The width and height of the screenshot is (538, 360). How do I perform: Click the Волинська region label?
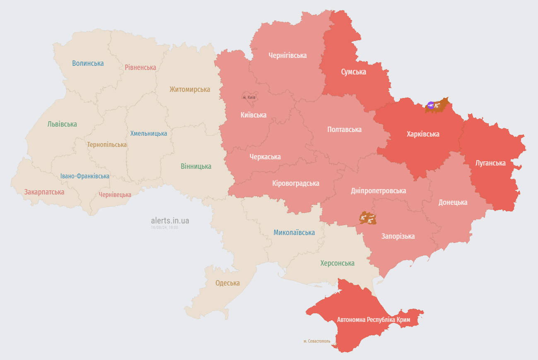(x=88, y=63)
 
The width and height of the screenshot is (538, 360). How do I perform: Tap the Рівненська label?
(x=140, y=67)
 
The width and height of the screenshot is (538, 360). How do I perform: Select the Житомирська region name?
(x=190, y=89)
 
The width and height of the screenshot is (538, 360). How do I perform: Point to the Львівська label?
(x=62, y=124)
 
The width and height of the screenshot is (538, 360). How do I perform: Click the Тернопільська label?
(x=107, y=145)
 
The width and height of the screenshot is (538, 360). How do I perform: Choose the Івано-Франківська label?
(x=85, y=176)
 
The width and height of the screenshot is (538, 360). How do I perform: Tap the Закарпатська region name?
(x=44, y=192)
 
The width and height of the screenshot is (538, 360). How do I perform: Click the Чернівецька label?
(x=115, y=195)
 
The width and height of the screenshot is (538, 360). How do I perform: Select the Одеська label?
(x=227, y=283)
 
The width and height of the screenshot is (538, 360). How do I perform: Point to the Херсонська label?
(x=337, y=263)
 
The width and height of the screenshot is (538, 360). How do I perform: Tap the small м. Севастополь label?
(x=317, y=341)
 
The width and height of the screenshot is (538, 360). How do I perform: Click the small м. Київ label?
(x=249, y=97)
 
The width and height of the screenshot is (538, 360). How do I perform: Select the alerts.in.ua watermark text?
(x=170, y=221)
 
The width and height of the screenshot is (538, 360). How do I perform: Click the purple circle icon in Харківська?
(x=431, y=106)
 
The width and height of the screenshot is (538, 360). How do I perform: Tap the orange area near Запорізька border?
(x=368, y=218)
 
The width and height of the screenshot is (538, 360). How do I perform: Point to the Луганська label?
(x=490, y=163)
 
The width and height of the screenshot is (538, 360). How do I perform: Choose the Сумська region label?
(x=353, y=72)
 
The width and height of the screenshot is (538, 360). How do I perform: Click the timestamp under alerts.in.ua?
(x=164, y=228)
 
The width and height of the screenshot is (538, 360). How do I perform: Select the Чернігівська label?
(x=287, y=55)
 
